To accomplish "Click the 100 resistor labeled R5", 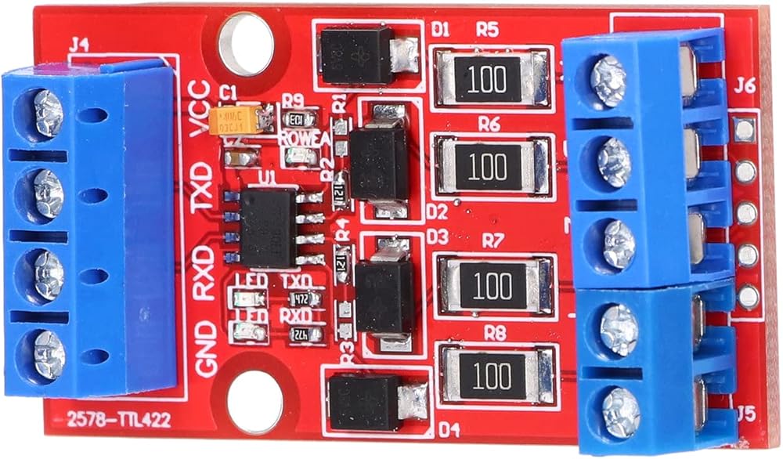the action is (x=492, y=77).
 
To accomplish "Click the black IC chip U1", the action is (x=268, y=226).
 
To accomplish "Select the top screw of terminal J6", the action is (x=608, y=80).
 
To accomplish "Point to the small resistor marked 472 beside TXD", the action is (x=298, y=298).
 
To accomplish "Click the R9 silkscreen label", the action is (x=294, y=100).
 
